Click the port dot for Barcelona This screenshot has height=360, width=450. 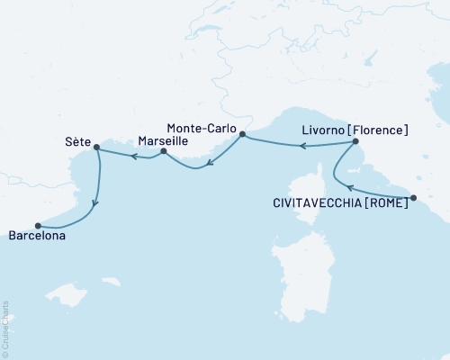38,226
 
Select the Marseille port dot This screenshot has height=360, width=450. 163,152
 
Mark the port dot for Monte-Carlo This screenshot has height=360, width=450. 242,134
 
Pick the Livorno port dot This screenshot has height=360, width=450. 355,142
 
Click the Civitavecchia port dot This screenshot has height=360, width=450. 412,198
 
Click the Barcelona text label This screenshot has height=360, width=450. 39,238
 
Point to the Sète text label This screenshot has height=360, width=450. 78,141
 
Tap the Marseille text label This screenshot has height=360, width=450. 163,141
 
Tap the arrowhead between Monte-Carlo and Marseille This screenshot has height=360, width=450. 208,165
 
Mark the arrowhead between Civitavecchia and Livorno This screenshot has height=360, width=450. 348,187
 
